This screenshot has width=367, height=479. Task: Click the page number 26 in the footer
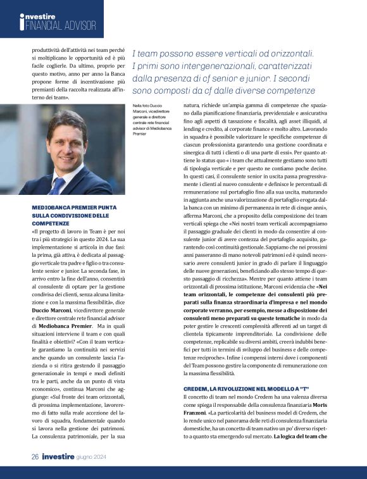click(36, 456)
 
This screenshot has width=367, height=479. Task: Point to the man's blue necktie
click(58, 185)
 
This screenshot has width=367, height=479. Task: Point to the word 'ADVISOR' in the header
click(82, 26)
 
